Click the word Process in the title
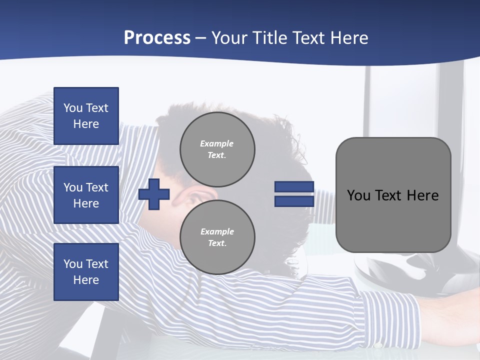157,38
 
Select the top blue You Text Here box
86,116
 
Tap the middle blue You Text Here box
86,195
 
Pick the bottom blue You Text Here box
86,272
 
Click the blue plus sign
154,194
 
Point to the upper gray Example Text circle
217,149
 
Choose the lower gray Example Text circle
217,237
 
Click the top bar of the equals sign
294,187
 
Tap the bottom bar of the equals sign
294,201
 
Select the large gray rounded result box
393,195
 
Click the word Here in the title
348,38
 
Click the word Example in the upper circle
216,143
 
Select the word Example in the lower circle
216,231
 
